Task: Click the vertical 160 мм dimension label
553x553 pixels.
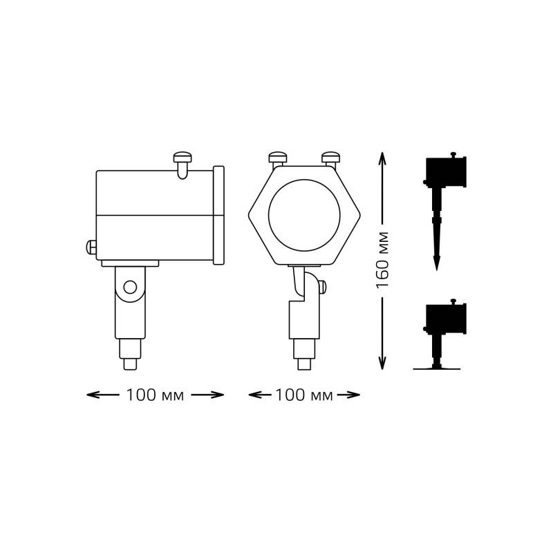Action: click(383, 260)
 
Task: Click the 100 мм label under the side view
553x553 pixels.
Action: click(155, 395)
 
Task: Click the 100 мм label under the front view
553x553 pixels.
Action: click(304, 395)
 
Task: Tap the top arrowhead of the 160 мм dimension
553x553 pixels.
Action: click(383, 156)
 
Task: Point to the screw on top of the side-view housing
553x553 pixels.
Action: click(182, 160)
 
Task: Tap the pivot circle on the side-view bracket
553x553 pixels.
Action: click(130, 288)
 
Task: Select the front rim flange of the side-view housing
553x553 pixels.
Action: click(218, 215)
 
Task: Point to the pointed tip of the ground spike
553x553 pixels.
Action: click(436, 266)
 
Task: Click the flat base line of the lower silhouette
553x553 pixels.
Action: click(436, 369)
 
